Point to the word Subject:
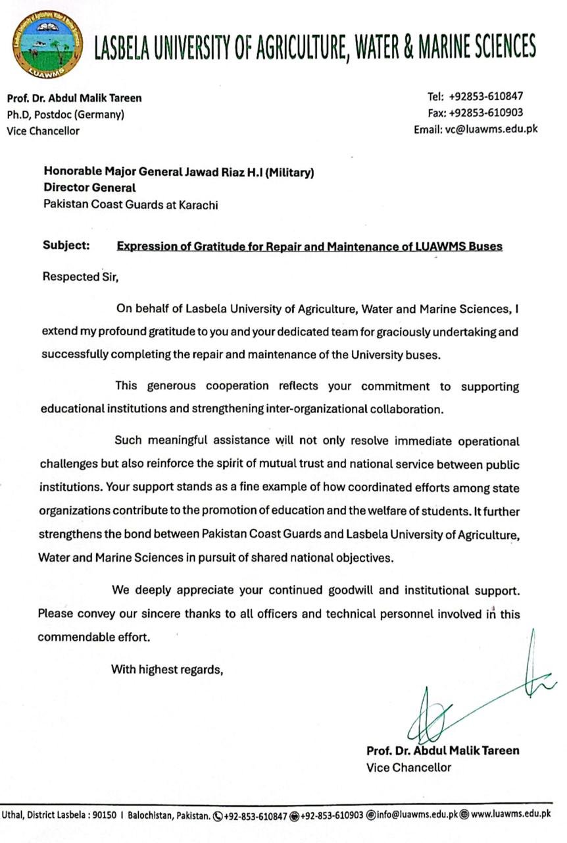coord(66,246)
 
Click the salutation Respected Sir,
coord(81,277)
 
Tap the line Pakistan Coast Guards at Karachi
coord(130,204)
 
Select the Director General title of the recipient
coord(89,188)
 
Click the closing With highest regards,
coord(168,670)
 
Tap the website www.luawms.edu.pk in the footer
coord(510,814)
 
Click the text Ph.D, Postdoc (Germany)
coord(66,115)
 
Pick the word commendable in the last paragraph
coord(74,637)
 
